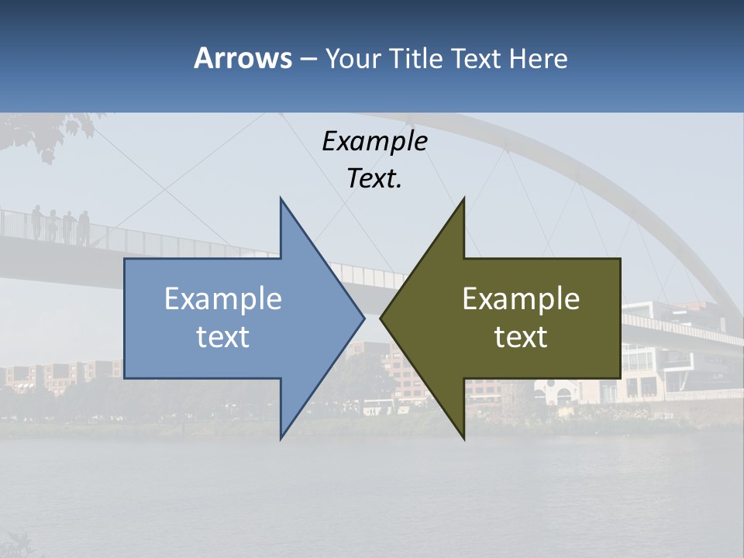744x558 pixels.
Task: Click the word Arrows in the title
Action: (x=243, y=58)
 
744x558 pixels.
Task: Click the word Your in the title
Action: (x=351, y=58)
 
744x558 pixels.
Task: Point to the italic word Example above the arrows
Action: (x=374, y=141)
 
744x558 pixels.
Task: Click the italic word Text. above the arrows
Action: (x=374, y=179)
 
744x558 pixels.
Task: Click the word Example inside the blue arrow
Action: (x=223, y=298)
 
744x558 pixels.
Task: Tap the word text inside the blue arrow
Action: (x=223, y=337)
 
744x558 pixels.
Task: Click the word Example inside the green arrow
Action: (x=521, y=298)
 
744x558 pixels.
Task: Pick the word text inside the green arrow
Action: (x=521, y=337)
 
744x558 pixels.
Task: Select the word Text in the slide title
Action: (x=475, y=58)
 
